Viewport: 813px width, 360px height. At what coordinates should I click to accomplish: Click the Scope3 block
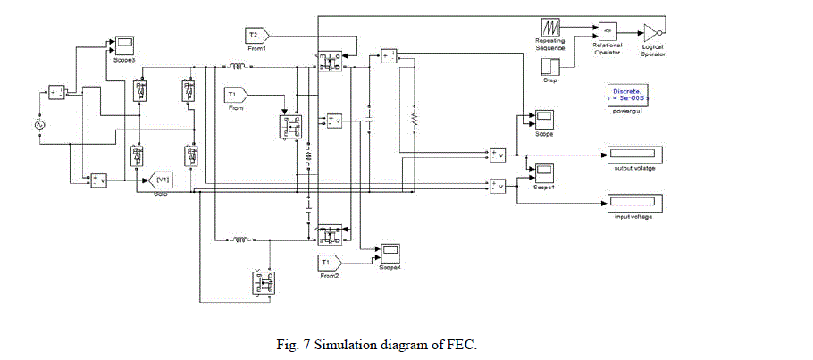point(123,44)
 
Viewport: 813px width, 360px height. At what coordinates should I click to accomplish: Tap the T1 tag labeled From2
point(327,262)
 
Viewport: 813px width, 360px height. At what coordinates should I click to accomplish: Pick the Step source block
point(551,67)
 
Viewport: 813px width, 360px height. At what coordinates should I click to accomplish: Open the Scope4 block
point(390,251)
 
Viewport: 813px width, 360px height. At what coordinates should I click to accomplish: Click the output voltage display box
point(636,154)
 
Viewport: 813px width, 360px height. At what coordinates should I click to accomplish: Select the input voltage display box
point(636,203)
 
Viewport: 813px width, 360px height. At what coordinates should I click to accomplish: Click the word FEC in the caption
point(465,344)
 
